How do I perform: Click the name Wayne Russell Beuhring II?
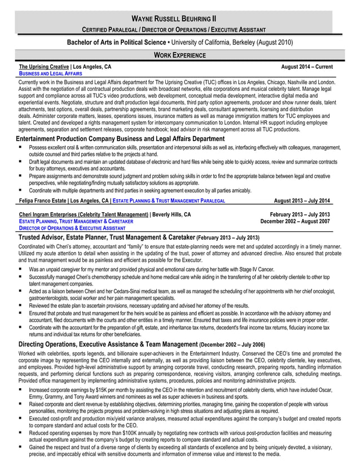tap(180, 17)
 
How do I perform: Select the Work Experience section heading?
tap(180, 55)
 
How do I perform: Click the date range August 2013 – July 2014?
tap(302, 200)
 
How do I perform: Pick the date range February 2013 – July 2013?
tap(300, 214)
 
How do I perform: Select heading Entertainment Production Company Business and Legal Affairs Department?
tap(120, 139)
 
